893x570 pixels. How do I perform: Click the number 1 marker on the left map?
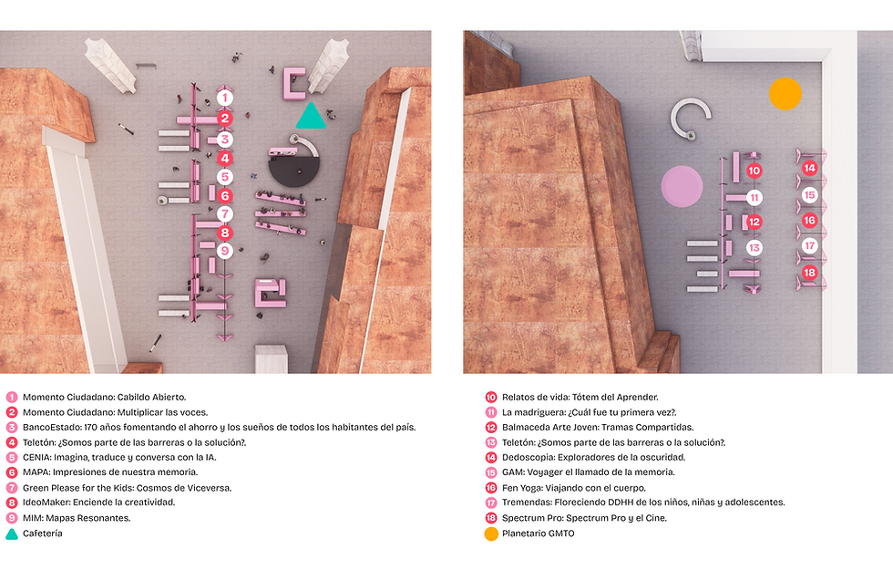coord(225,98)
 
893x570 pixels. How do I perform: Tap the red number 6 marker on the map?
coord(225,196)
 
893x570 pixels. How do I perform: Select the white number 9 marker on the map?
coord(225,251)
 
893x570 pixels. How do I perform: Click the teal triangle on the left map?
coord(311,117)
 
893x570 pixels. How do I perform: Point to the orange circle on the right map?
coord(785,93)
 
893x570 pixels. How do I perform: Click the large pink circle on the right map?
coord(682,186)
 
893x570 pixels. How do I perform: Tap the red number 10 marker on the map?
coord(754,171)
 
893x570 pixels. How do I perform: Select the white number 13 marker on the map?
coord(754,248)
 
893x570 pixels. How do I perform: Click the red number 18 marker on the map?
coord(809,273)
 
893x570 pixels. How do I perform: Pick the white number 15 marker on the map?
coord(809,195)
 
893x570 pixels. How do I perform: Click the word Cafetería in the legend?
coord(43,534)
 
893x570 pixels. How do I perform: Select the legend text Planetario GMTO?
coord(539,534)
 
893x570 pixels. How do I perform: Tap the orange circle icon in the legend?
coord(491,534)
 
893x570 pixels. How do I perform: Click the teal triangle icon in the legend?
coord(11,534)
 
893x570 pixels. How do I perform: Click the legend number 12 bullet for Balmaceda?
coord(491,427)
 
